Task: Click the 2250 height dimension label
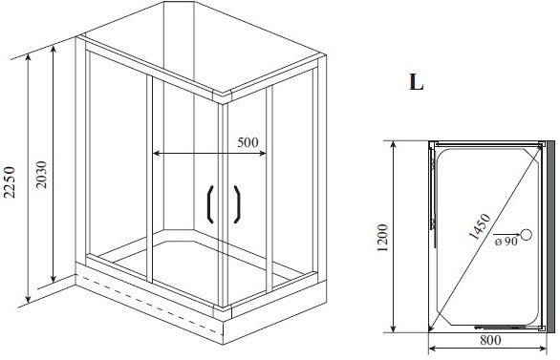coord(10,182)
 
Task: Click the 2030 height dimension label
coord(41,175)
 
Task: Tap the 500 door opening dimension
coord(248,142)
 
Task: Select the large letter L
coord(416,82)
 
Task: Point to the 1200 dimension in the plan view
coord(382,238)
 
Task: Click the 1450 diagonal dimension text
coord(480,226)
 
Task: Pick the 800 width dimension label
coord(490,340)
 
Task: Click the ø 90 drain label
coord(506,242)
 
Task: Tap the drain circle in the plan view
coord(526,234)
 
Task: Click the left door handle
coord(208,204)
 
